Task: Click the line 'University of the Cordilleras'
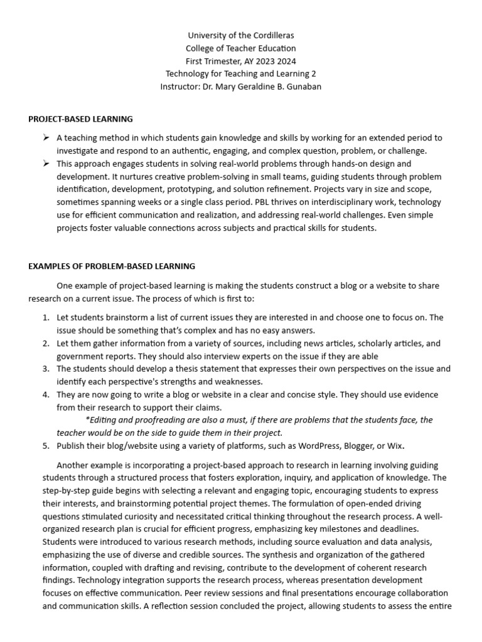click(x=240, y=36)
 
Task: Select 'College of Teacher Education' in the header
click(x=240, y=48)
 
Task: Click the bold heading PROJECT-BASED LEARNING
click(x=80, y=118)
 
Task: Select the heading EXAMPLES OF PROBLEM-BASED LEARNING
click(x=112, y=266)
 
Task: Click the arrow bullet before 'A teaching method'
click(x=46, y=137)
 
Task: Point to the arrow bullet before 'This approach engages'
click(x=46, y=163)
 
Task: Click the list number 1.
click(x=46, y=317)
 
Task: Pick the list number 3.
click(x=46, y=369)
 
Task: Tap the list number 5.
click(x=46, y=446)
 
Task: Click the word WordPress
click(x=316, y=446)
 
